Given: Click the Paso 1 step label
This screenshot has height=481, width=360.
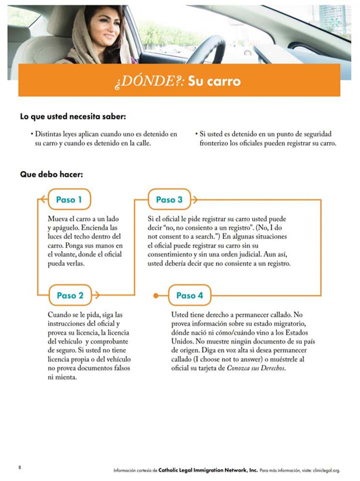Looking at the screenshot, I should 69,200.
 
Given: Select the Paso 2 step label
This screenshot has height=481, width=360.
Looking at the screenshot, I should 70,295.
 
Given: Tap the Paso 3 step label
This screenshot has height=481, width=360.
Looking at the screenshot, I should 169,200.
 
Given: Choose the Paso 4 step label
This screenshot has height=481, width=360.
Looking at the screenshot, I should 189,295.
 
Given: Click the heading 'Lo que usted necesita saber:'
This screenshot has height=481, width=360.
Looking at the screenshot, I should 72,117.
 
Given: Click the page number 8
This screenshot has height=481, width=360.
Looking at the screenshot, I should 20,467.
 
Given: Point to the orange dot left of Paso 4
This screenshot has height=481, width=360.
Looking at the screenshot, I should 157,295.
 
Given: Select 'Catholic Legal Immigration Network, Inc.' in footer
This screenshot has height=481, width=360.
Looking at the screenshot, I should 208,470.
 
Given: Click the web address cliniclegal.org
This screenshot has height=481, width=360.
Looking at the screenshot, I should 326,470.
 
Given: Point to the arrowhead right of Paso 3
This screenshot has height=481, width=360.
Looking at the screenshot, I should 194,200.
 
